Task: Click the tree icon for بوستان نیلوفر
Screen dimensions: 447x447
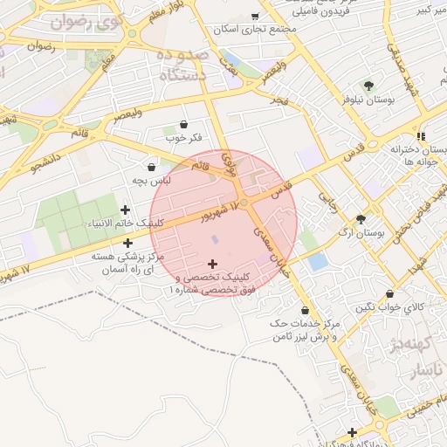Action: pos(368,86)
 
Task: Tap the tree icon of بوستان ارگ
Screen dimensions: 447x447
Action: pos(361,219)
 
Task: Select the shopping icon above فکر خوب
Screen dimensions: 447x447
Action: pos(183,125)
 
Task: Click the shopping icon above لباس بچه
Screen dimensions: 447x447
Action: pos(152,166)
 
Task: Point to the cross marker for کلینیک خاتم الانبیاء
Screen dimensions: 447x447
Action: pos(126,210)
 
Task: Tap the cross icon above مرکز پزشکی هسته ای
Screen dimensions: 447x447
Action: pos(127,244)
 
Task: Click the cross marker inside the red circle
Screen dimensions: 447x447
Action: pos(212,263)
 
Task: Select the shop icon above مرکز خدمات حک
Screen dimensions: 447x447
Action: pos(305,310)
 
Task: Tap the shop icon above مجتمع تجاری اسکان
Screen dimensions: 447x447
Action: pos(255,16)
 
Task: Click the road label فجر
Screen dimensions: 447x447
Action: pos(279,100)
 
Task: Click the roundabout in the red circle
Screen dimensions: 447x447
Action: pos(246,203)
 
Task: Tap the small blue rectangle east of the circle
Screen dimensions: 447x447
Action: pos(318,260)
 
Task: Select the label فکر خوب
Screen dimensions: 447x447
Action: pos(183,139)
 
